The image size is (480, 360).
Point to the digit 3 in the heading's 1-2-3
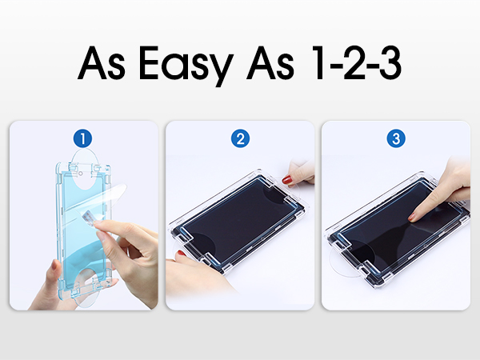pyautogui.click(x=390, y=62)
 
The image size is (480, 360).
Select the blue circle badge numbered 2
pyautogui.click(x=239, y=138)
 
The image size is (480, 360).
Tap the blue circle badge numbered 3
pyautogui.click(x=395, y=138)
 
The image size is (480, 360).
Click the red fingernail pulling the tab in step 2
pyautogui.click(x=288, y=181)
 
